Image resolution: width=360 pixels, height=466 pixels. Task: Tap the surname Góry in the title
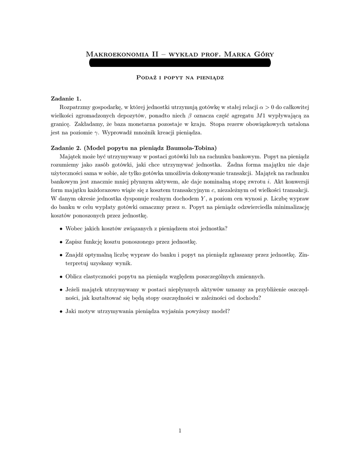point(263,55)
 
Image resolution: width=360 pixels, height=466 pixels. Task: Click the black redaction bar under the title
point(180,63)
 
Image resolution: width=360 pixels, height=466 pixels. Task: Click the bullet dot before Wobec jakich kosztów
point(61,228)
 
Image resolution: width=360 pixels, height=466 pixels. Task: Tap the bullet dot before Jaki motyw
point(61,311)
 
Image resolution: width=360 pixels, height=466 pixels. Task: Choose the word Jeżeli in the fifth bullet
point(74,289)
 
